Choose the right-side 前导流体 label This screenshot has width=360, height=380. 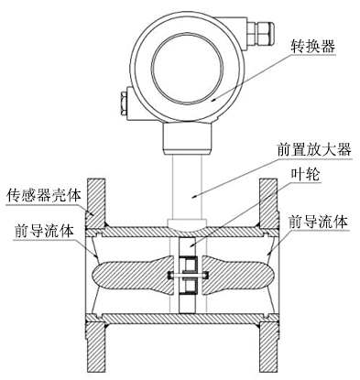318,222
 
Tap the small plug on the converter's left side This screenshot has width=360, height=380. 123,99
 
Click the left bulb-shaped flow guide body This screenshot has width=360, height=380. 128,274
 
